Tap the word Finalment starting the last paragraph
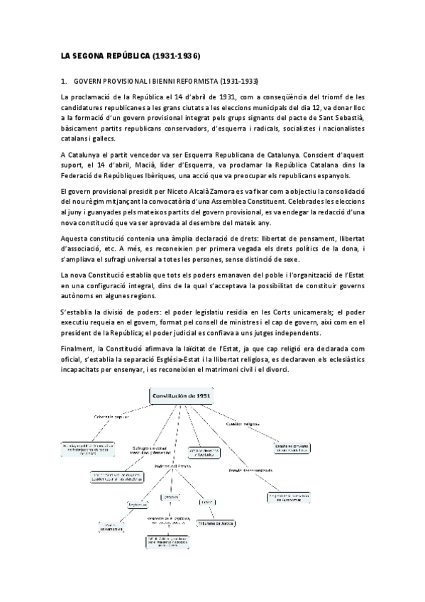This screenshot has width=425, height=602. click(77, 349)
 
